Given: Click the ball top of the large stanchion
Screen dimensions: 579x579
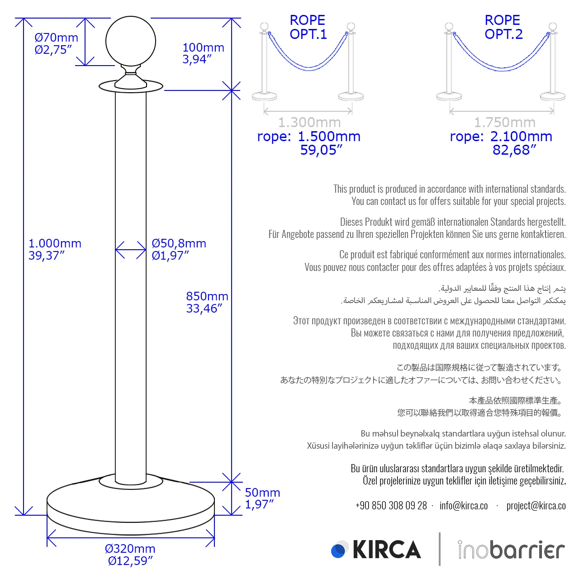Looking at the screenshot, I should pos(131,41).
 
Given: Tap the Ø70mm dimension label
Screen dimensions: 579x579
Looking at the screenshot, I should pos(57,38).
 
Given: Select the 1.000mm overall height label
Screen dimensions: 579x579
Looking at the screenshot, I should pos(55,244).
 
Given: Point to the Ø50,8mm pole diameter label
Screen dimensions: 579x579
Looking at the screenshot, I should pos(179,244).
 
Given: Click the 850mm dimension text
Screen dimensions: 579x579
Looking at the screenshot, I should pos(207,296).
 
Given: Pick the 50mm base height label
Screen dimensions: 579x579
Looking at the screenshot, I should pos(262,493).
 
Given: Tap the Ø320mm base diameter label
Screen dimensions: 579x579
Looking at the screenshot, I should pos(130,549).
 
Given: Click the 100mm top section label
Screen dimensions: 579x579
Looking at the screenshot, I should pos(203,47).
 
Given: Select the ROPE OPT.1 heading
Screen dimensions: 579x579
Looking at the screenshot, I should pos(308,27).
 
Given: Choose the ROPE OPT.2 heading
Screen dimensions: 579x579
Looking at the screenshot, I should pos(503,27).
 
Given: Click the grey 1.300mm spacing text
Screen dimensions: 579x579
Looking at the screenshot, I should pos(309,123).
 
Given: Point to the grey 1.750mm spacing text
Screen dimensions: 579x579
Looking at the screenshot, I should pos(504,123).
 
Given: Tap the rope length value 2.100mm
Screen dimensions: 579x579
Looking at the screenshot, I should pos(521,137).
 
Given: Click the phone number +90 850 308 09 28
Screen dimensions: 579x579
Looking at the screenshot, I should pos(391,506).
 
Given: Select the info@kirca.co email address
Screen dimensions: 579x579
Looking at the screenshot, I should pos(464,506).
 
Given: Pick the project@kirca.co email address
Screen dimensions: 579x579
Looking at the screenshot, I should pos(536,506).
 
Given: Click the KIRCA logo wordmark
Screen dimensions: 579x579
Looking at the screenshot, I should pos(387,550).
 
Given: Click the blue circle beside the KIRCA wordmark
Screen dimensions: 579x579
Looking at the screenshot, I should pos(338,551).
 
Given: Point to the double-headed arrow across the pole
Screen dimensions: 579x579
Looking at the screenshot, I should pos(131,250).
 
